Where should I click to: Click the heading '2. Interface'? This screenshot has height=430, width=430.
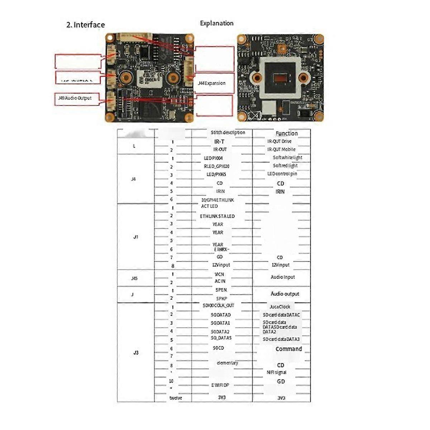coord(86,25)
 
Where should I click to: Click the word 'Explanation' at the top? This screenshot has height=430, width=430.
coord(216,23)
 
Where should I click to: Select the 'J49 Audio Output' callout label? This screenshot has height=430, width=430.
coord(75,98)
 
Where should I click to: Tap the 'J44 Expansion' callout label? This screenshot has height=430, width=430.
coord(211,83)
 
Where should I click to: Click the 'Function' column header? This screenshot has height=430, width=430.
coord(287,133)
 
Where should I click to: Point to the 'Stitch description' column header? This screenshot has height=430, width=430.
coord(228,133)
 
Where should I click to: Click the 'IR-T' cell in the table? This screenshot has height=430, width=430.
coord(219,142)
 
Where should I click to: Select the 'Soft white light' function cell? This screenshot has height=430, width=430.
coord(287,157)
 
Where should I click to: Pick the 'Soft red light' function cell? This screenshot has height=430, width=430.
coord(285,166)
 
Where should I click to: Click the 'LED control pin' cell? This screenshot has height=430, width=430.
coord(282,174)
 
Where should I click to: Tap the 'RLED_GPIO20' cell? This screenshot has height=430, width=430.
coord(216,166)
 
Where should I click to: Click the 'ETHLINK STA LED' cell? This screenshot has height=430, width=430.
coord(217,216)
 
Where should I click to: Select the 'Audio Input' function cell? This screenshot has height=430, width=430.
coord(283,277)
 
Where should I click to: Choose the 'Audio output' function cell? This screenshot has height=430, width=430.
coord(285,294)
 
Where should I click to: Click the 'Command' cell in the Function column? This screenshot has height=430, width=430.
coord(289,349)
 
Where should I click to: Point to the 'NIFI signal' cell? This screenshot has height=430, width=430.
coord(276,372)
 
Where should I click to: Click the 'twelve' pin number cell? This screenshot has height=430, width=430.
coord(176,398)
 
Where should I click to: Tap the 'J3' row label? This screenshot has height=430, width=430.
coord(136,353)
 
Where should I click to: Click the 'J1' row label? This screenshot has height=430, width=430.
coord(135,237)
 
